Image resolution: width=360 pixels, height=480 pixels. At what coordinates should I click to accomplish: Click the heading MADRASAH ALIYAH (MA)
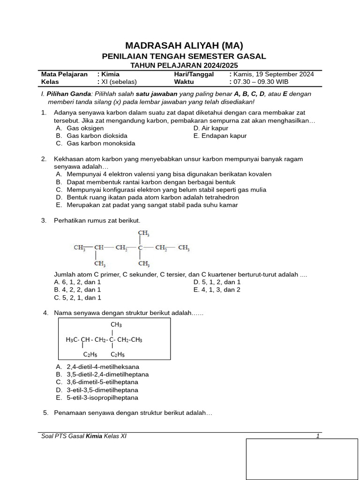(184, 45)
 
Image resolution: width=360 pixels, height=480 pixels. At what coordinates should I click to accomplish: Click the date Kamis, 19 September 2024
(273, 74)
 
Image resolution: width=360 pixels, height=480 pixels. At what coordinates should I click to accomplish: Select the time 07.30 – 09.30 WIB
(261, 81)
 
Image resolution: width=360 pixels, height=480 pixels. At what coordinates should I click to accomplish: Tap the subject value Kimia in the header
(111, 74)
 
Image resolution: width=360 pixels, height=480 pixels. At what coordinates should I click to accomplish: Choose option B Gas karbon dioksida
(97, 135)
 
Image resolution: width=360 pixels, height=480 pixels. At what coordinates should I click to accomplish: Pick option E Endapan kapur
(219, 135)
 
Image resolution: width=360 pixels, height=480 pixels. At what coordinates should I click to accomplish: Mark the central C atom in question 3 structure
(140, 248)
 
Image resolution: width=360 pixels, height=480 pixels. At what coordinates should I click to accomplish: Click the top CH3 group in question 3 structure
(143, 233)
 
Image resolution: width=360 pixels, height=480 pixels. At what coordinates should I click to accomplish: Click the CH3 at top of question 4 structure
(116, 324)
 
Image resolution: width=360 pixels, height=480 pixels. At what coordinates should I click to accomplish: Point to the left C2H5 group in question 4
(90, 354)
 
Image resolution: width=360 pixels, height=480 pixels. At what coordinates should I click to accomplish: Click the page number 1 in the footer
(317, 436)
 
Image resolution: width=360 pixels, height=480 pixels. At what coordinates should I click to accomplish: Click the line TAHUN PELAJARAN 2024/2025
(184, 65)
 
